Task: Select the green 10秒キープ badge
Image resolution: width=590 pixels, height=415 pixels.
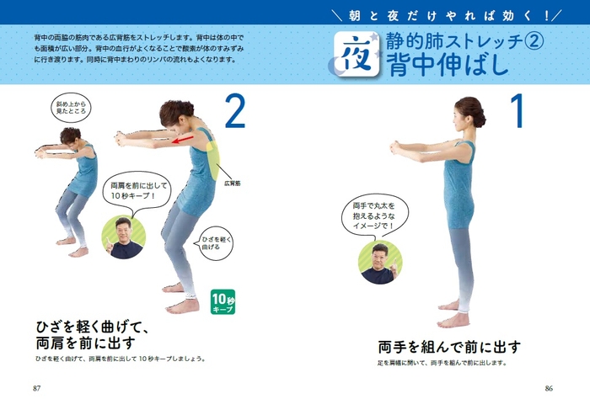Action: point(223,301)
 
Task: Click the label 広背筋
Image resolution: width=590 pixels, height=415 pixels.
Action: point(233,182)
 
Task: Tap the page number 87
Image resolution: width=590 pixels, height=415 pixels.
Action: point(36,388)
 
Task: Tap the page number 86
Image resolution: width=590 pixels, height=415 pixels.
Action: point(549,388)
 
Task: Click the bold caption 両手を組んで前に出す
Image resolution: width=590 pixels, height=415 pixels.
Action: point(449,346)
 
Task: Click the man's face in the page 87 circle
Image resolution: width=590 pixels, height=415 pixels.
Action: point(124,231)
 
